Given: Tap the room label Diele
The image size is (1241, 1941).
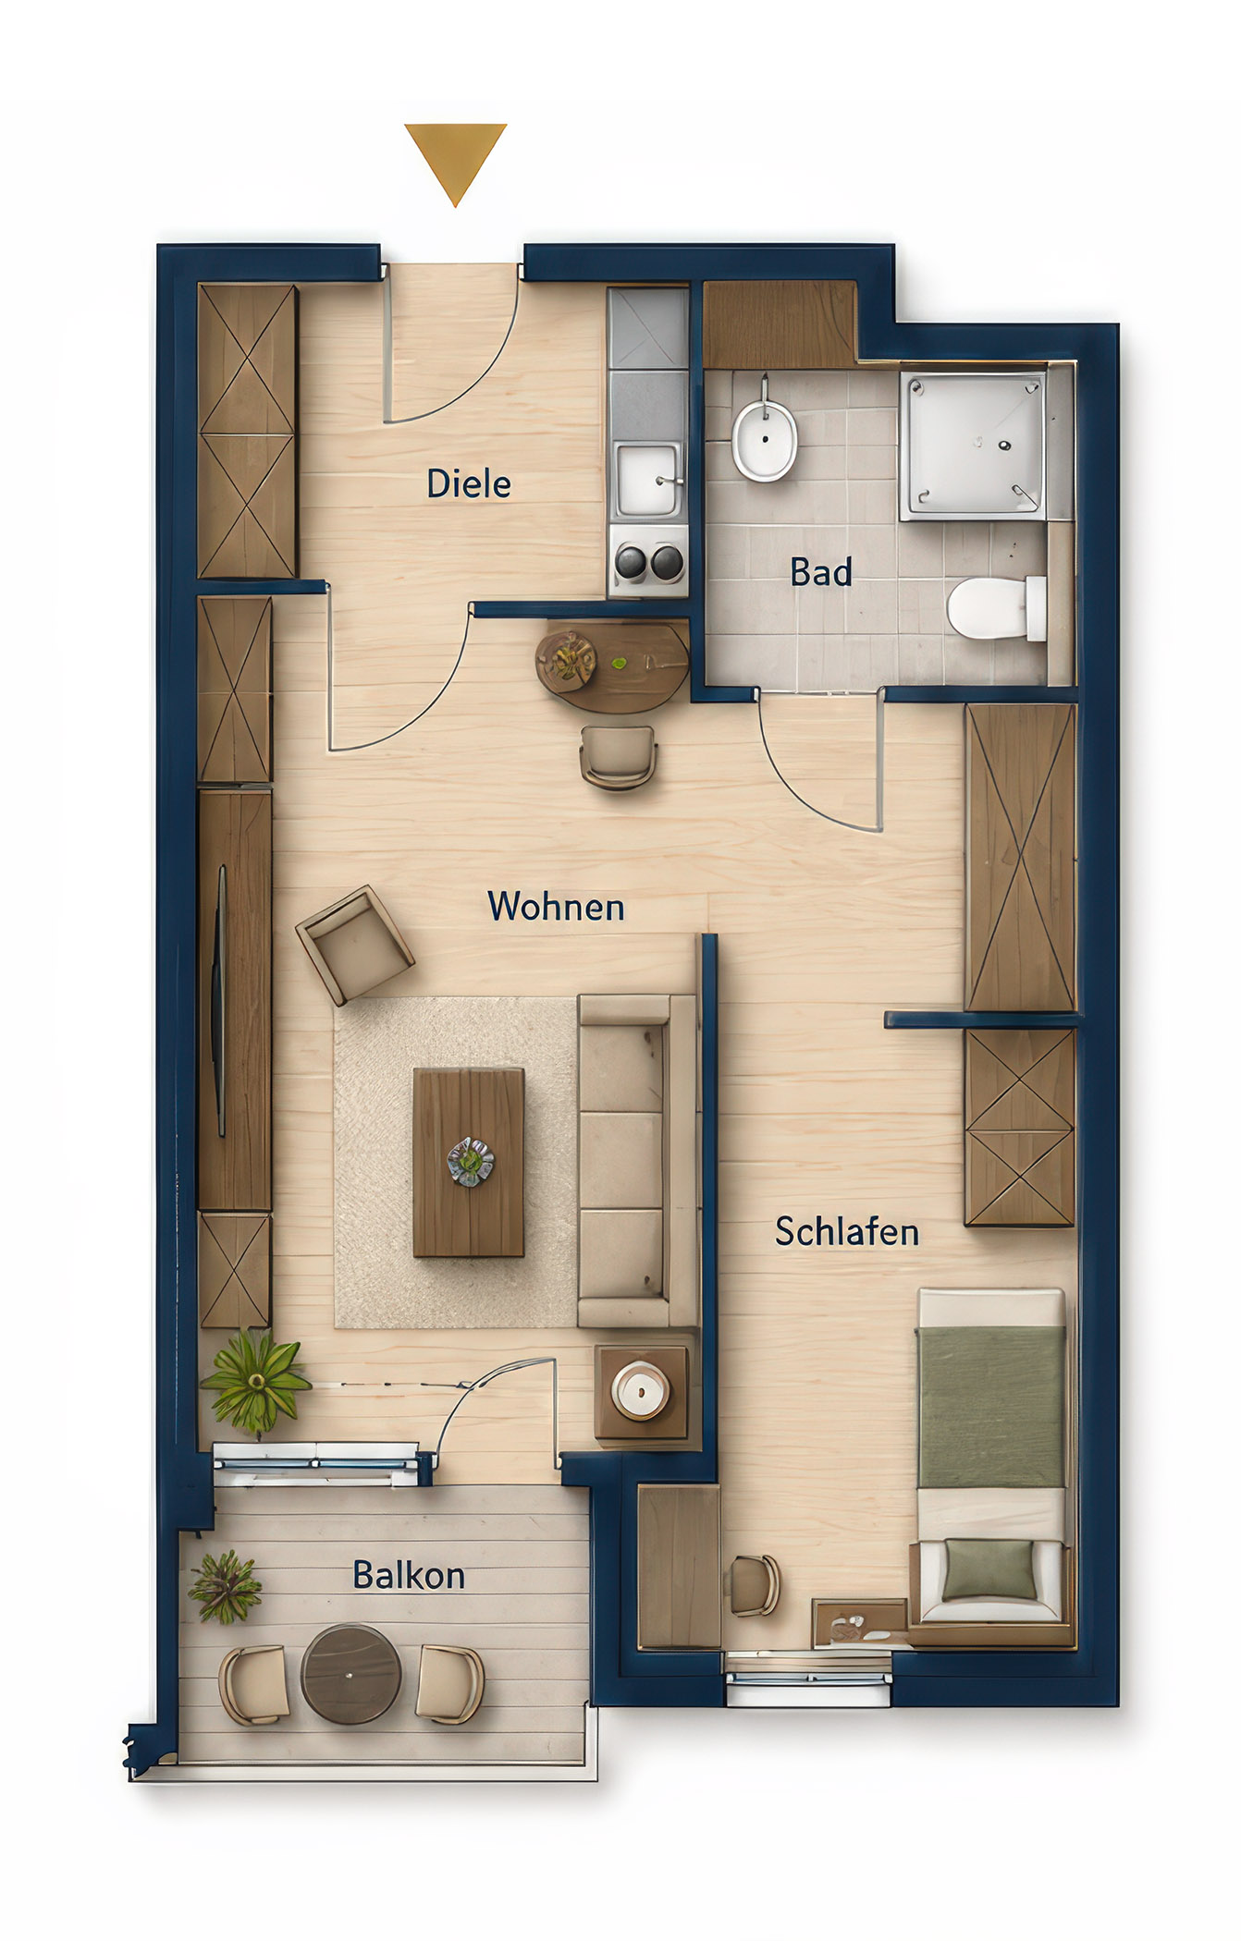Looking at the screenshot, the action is pos(469,483).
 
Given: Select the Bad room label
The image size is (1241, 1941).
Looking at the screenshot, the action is pos(820,572).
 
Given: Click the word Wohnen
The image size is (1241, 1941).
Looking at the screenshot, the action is pos(556,907).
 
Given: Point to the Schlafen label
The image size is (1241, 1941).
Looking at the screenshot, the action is pos(847,1231).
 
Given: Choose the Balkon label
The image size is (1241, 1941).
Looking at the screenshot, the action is pos(409,1575).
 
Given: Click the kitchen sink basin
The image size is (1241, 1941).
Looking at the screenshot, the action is pos(647,480).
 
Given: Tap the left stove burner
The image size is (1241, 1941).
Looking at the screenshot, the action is pos(631,560).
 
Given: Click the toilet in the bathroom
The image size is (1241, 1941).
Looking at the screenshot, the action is pos(996,607).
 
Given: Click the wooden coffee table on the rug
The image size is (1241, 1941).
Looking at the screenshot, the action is pos(469,1162).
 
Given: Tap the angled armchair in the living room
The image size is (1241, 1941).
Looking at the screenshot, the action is pos(354,945).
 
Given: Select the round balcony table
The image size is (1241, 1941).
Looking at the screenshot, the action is pos(350,1674).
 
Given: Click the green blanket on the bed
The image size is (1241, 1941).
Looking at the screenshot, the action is pos(990,1407).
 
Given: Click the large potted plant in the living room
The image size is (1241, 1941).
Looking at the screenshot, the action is pos(255,1381).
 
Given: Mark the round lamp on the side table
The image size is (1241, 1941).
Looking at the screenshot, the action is pos(641,1390).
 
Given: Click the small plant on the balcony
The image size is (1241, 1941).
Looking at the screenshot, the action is pos(225,1586).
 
